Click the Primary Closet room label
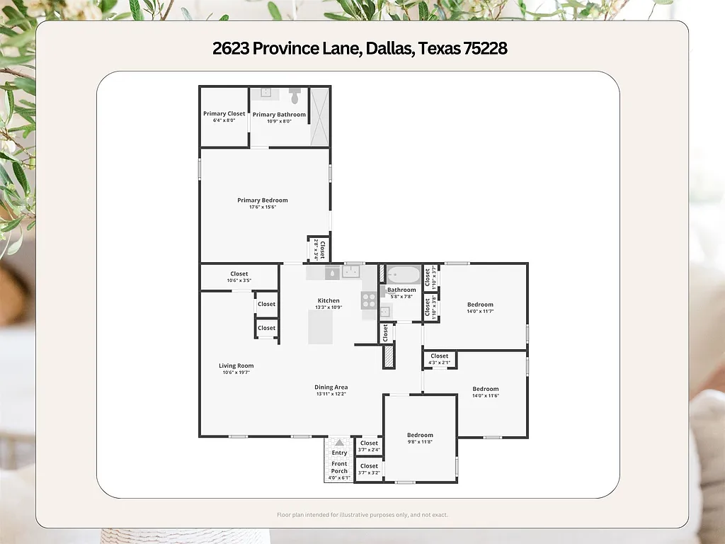pyautogui.click(x=224, y=113)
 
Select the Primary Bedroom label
pyautogui.click(x=262, y=200)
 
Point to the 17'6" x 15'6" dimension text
pyautogui.click(x=262, y=208)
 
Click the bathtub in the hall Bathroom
pyautogui.click(x=402, y=274)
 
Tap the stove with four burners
pyautogui.click(x=369, y=300)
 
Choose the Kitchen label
pyautogui.click(x=329, y=300)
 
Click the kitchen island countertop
pyautogui.click(x=320, y=327)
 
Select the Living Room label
pyautogui.click(x=236, y=365)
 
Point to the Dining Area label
pyautogui.click(x=331, y=387)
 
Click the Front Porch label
pyautogui.click(x=339, y=467)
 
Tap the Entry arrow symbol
pyautogui.click(x=339, y=442)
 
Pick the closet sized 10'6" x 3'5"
pyautogui.click(x=239, y=277)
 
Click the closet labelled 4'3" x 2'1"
pyautogui.click(x=439, y=359)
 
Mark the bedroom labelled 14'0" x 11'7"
pyautogui.click(x=480, y=307)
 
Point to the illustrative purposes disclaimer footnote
pyautogui.click(x=362, y=515)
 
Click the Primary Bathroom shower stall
pyautogui.click(x=320, y=117)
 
